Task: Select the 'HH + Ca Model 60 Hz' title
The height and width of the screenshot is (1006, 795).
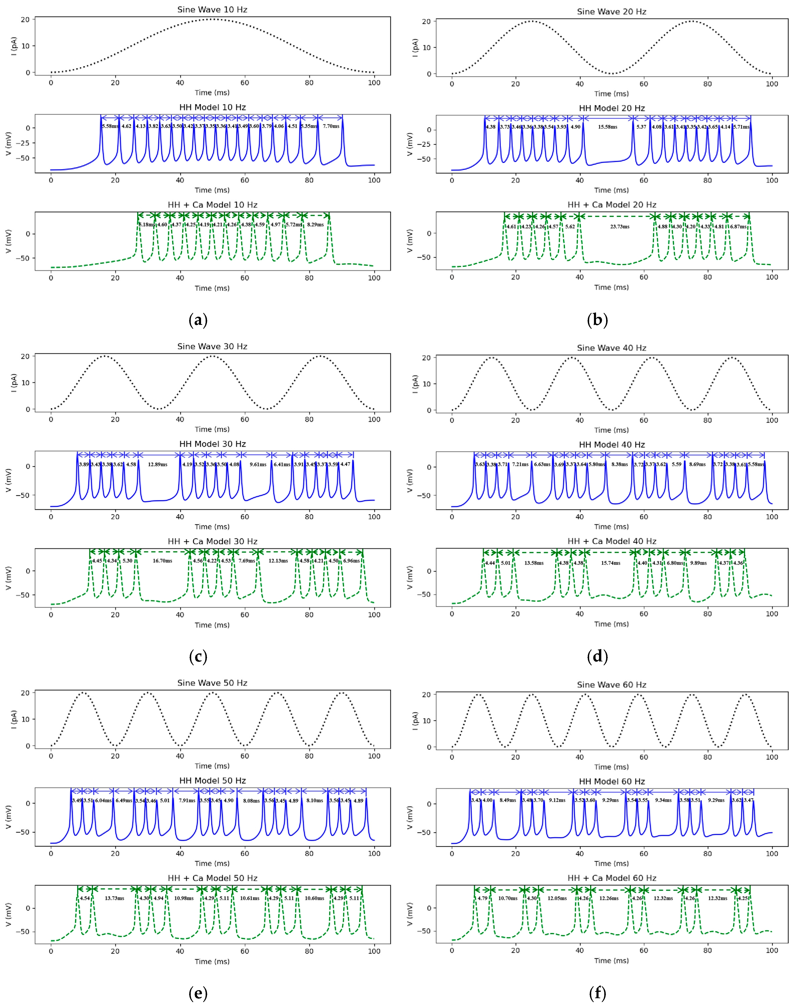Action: pyautogui.click(x=612, y=878)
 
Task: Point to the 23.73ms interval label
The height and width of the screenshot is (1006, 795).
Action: pyautogui.click(x=620, y=227)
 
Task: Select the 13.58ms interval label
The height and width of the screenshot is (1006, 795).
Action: pyautogui.click(x=534, y=563)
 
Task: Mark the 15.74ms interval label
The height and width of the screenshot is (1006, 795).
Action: pyautogui.click(x=610, y=563)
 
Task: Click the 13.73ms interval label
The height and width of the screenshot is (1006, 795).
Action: pyautogui.click(x=114, y=898)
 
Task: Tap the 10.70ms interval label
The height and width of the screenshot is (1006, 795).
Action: pyautogui.click(x=507, y=898)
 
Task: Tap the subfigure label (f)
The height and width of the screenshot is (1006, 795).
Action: pyautogui.click(x=598, y=993)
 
